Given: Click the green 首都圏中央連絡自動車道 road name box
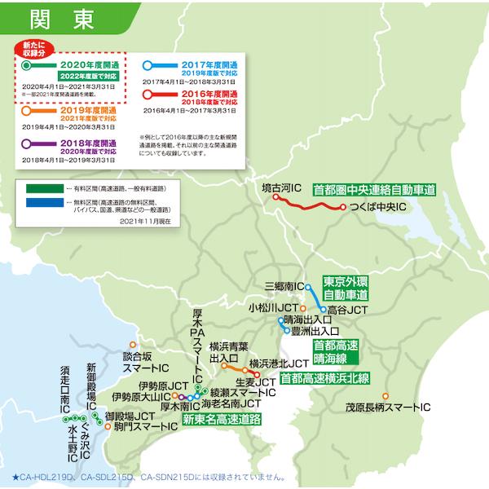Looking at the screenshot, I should [374, 189].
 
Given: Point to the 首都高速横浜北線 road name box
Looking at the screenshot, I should [324, 378].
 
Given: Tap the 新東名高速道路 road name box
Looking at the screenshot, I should [221, 420].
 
